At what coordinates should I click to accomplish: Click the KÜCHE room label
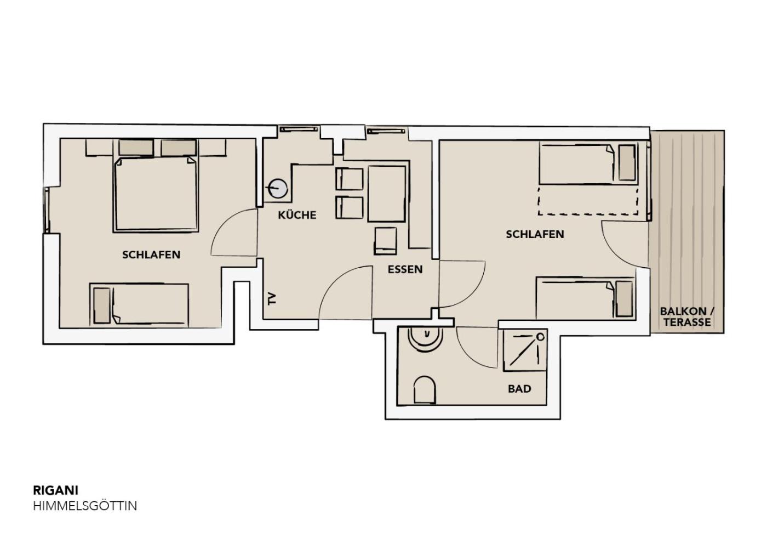tap(297, 215)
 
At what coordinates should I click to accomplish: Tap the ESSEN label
tap(405, 269)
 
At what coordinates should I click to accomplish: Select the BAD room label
tap(519, 389)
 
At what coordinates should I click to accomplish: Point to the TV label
tap(272, 298)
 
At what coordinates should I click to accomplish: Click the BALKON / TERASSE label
tap(687, 317)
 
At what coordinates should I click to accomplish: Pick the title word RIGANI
tap(56, 490)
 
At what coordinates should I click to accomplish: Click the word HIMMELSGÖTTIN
tap(85, 506)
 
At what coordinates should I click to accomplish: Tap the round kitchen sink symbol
tap(278, 189)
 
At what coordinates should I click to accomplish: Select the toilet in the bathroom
tap(425, 390)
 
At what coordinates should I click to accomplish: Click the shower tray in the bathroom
tap(525, 350)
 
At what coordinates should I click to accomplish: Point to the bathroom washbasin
tap(425, 340)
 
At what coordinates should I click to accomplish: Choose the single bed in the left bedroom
tap(140, 305)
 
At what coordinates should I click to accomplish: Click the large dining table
tap(387, 194)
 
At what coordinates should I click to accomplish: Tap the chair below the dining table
tap(386, 241)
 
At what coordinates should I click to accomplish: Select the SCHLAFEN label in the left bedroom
tap(151, 254)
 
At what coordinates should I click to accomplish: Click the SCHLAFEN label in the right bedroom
tap(535, 234)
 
